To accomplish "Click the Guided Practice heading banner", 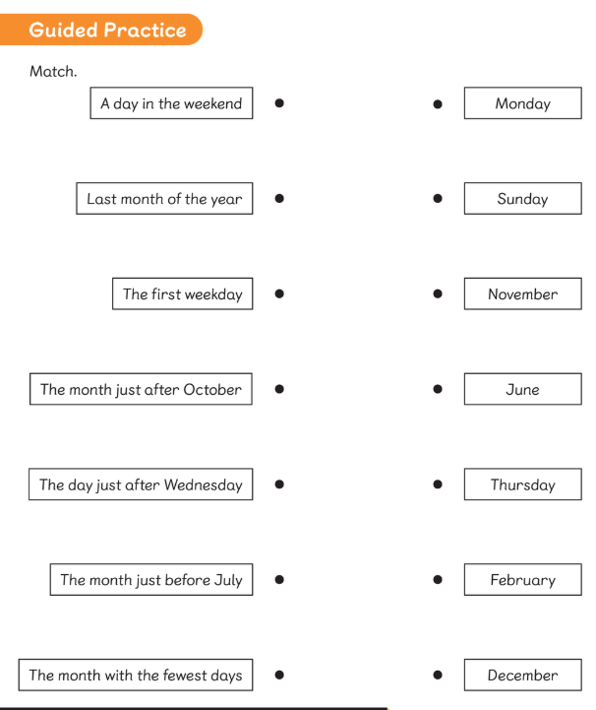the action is [x=101, y=30].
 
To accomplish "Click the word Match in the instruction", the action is [x=52, y=71].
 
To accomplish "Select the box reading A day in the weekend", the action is [x=171, y=103].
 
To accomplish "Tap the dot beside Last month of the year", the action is [x=279, y=198].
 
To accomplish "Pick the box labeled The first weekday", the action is [x=182, y=293].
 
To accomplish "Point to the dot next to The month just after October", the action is [x=279, y=389].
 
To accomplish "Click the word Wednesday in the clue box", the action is [x=203, y=484].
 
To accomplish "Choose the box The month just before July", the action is [x=151, y=580].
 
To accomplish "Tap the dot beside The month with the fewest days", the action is [x=279, y=675].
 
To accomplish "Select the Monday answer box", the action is [x=523, y=103].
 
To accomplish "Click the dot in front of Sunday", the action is [x=438, y=198].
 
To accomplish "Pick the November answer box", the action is [x=523, y=293].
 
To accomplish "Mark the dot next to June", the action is [x=438, y=389].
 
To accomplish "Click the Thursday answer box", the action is [x=523, y=484].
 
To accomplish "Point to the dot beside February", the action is [x=438, y=580].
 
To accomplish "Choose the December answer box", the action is [x=523, y=675].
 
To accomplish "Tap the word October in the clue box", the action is [x=212, y=389].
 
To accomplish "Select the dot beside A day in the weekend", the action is [x=279, y=103].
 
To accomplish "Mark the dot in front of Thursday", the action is [x=438, y=484].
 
